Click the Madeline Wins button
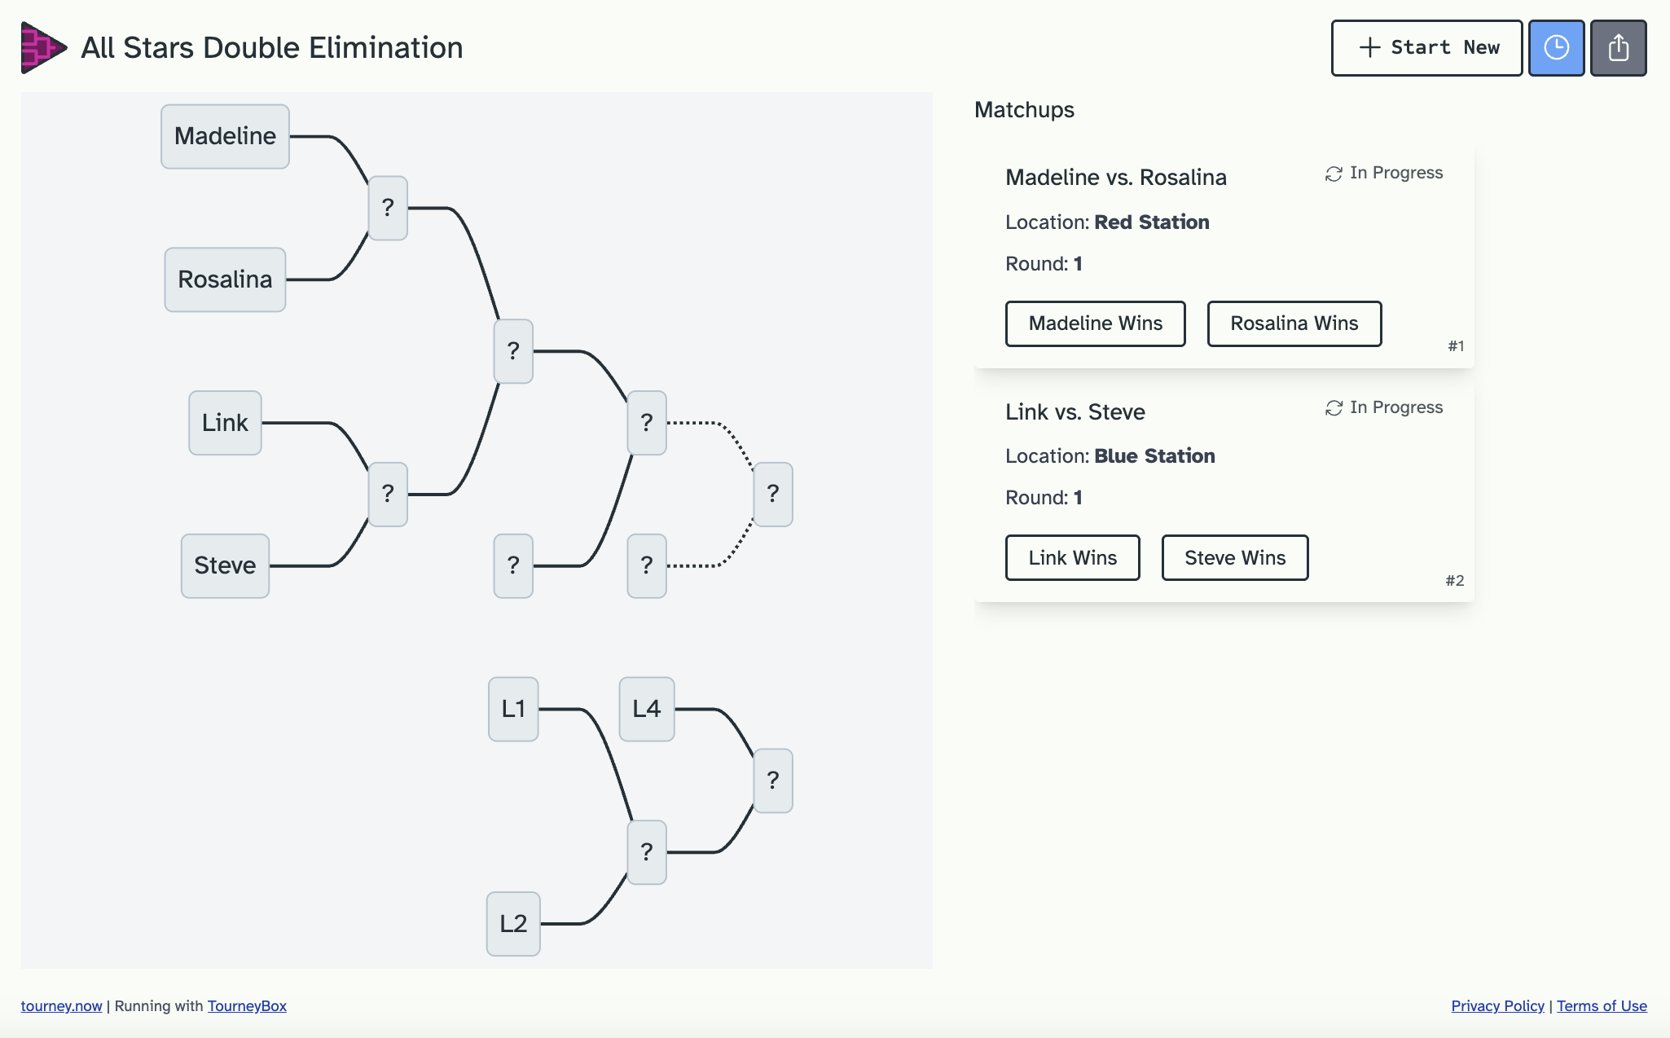pos(1095,323)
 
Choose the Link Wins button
pos(1072,558)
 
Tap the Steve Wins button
pos(1234,558)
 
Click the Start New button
pos(1426,48)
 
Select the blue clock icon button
pos(1556,48)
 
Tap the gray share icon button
pos(1618,48)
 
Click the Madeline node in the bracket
pos(225,137)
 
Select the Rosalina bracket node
pos(225,279)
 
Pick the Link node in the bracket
pos(225,423)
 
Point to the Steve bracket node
pos(225,565)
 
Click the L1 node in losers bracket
pos(513,709)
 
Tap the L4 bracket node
pos(646,709)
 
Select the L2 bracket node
pos(513,924)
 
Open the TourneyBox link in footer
pos(247,1006)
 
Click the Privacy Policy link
pos(1497,1006)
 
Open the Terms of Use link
pos(1602,1006)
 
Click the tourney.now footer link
pos(61,1006)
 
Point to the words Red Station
pos(1151,222)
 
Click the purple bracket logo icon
pos(42,48)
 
